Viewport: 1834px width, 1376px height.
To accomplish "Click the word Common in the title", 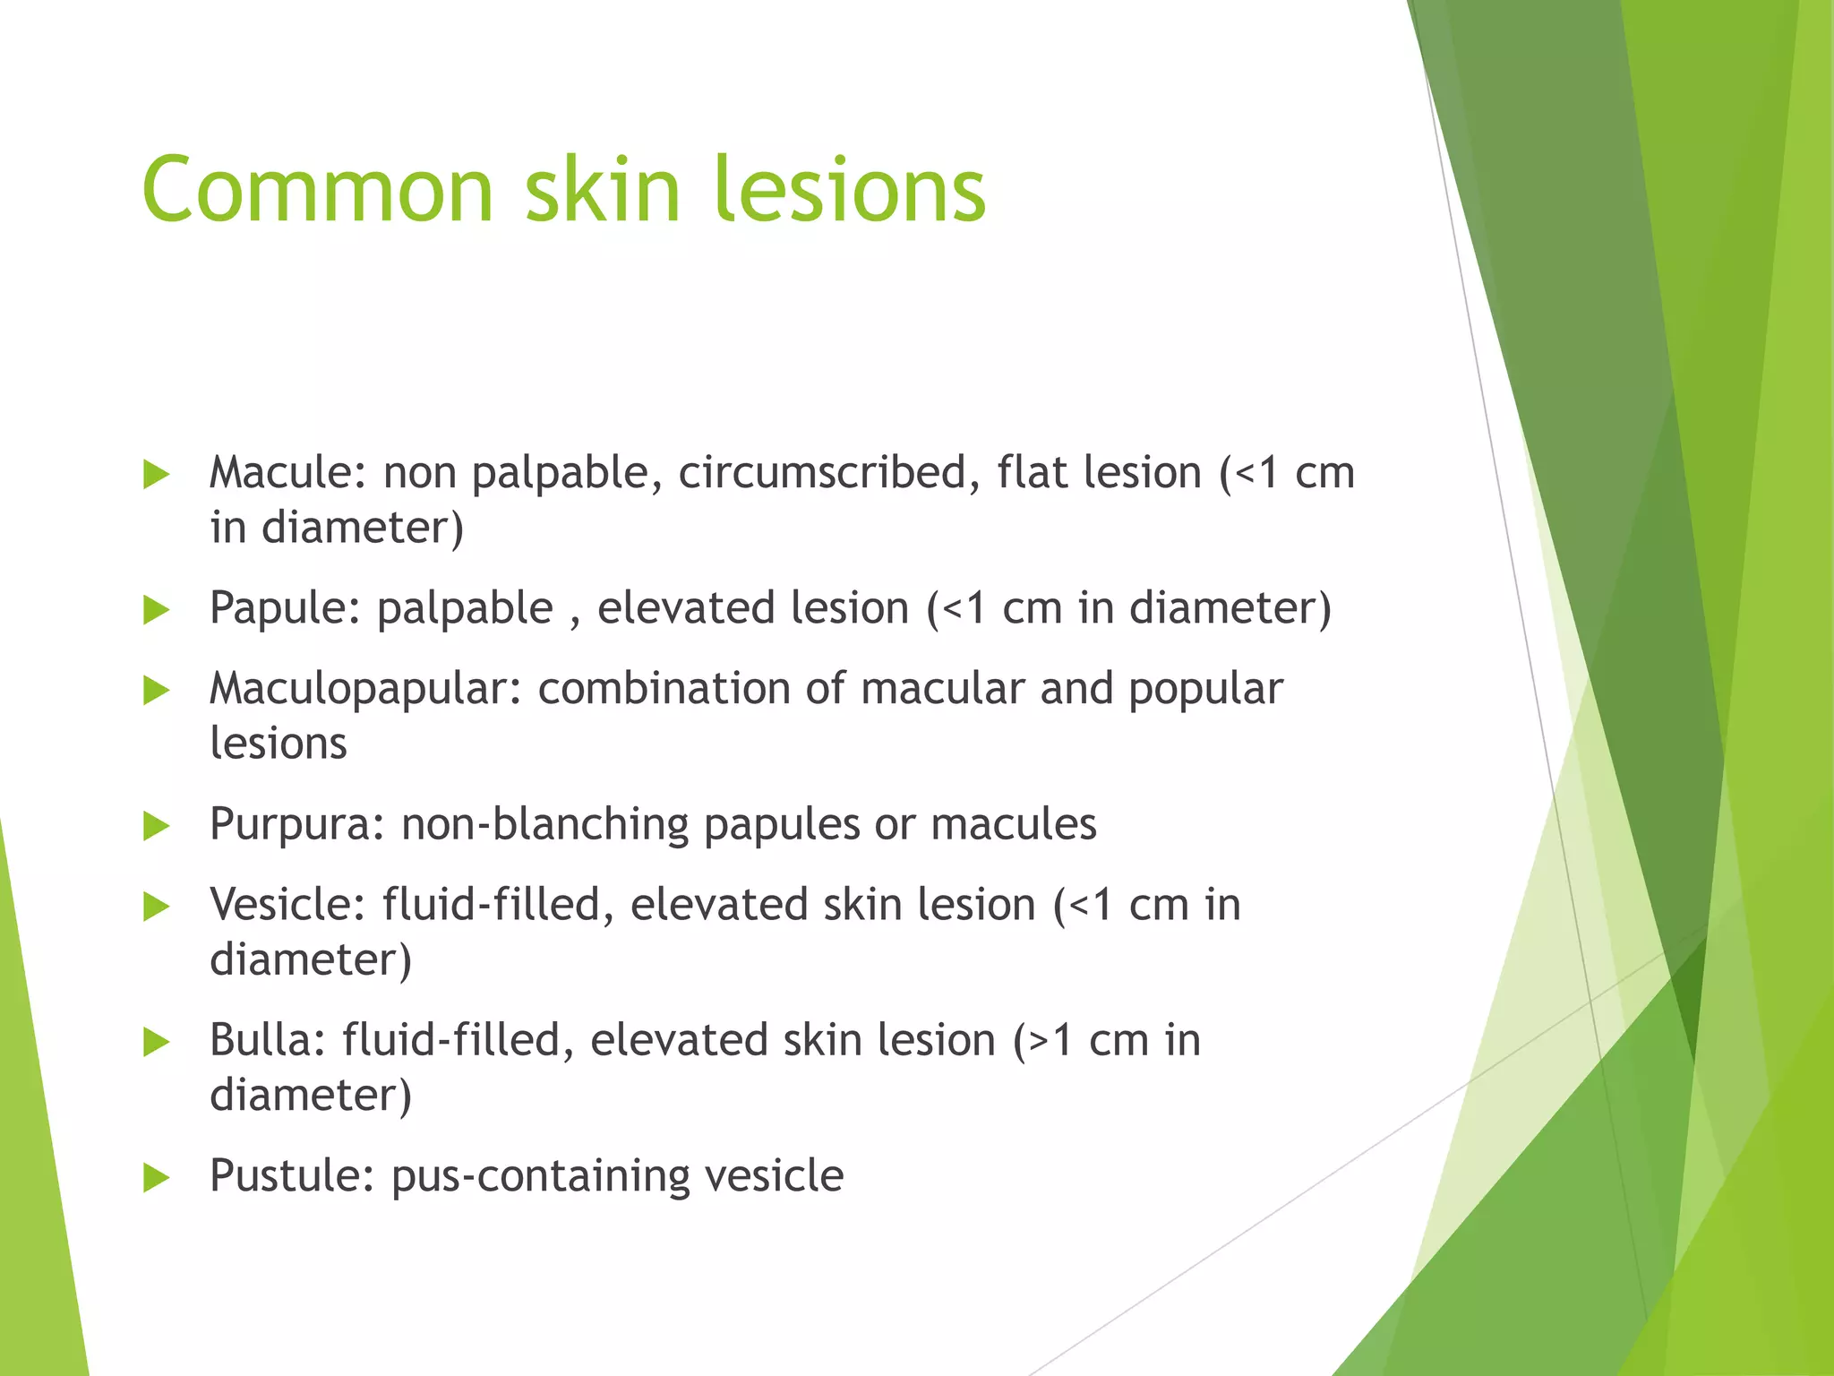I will coord(318,190).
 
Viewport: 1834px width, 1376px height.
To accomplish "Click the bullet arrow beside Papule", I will coord(156,610).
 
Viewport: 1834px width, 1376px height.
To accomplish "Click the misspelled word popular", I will coord(1204,689).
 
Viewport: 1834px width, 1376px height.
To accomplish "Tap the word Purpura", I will coord(296,823).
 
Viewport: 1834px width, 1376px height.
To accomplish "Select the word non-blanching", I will coord(544,823).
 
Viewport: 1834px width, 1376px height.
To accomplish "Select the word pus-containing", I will coord(540,1175).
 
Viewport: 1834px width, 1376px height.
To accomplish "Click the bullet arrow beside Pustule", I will coord(156,1178).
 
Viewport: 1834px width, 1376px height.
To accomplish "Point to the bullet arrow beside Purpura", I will coord(156,826).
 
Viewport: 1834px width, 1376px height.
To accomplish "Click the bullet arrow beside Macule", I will coord(156,475).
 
